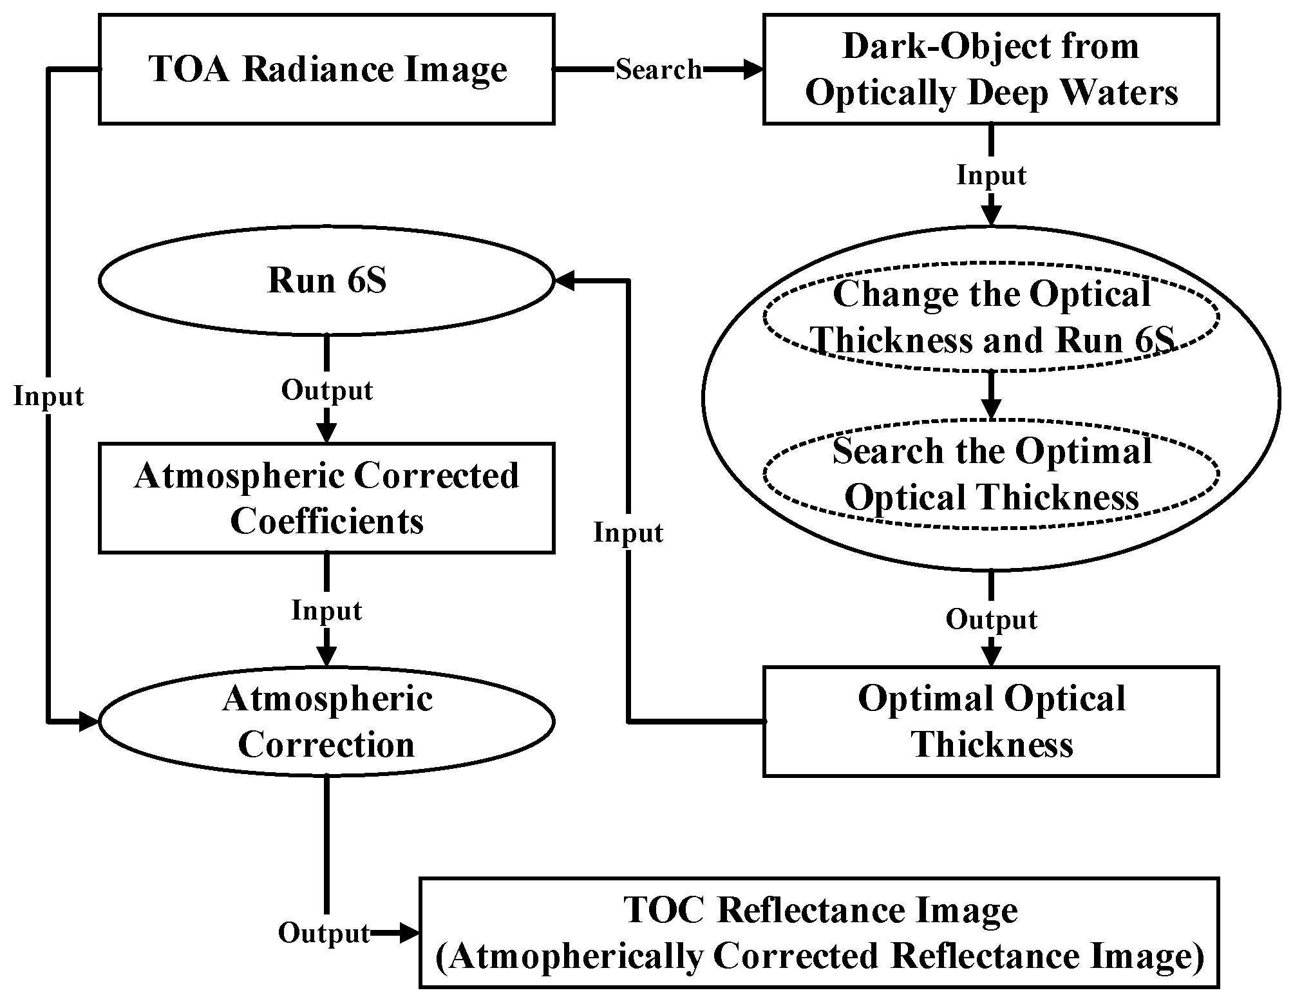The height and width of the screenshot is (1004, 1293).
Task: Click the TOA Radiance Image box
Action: pos(326,69)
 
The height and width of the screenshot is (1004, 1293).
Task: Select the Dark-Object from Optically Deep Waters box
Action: pos(991,69)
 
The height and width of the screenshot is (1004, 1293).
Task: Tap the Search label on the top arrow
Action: pos(658,70)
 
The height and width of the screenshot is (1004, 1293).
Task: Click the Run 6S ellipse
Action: pos(326,281)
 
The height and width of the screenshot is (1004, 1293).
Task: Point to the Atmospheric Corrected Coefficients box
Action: pos(326,498)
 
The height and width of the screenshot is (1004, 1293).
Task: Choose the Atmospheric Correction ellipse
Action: pos(326,722)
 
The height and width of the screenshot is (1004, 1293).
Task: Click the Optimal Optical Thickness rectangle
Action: pos(991,721)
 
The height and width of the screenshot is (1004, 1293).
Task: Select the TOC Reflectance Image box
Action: pos(819,933)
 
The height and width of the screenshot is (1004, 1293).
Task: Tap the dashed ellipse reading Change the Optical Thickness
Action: pos(991,317)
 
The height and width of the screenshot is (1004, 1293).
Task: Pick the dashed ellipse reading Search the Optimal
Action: pos(991,474)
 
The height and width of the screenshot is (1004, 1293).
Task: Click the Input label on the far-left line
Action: pos(49,397)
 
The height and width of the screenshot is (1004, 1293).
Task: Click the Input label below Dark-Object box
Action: pos(991,175)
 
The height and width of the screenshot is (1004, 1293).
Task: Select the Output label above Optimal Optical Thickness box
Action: pos(991,620)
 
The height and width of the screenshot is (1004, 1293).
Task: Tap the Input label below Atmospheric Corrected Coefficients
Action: pos(326,611)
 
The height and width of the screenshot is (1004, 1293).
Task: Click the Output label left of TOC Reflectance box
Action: pos(324,933)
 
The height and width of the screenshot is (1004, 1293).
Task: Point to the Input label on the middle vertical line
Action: pos(628,533)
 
